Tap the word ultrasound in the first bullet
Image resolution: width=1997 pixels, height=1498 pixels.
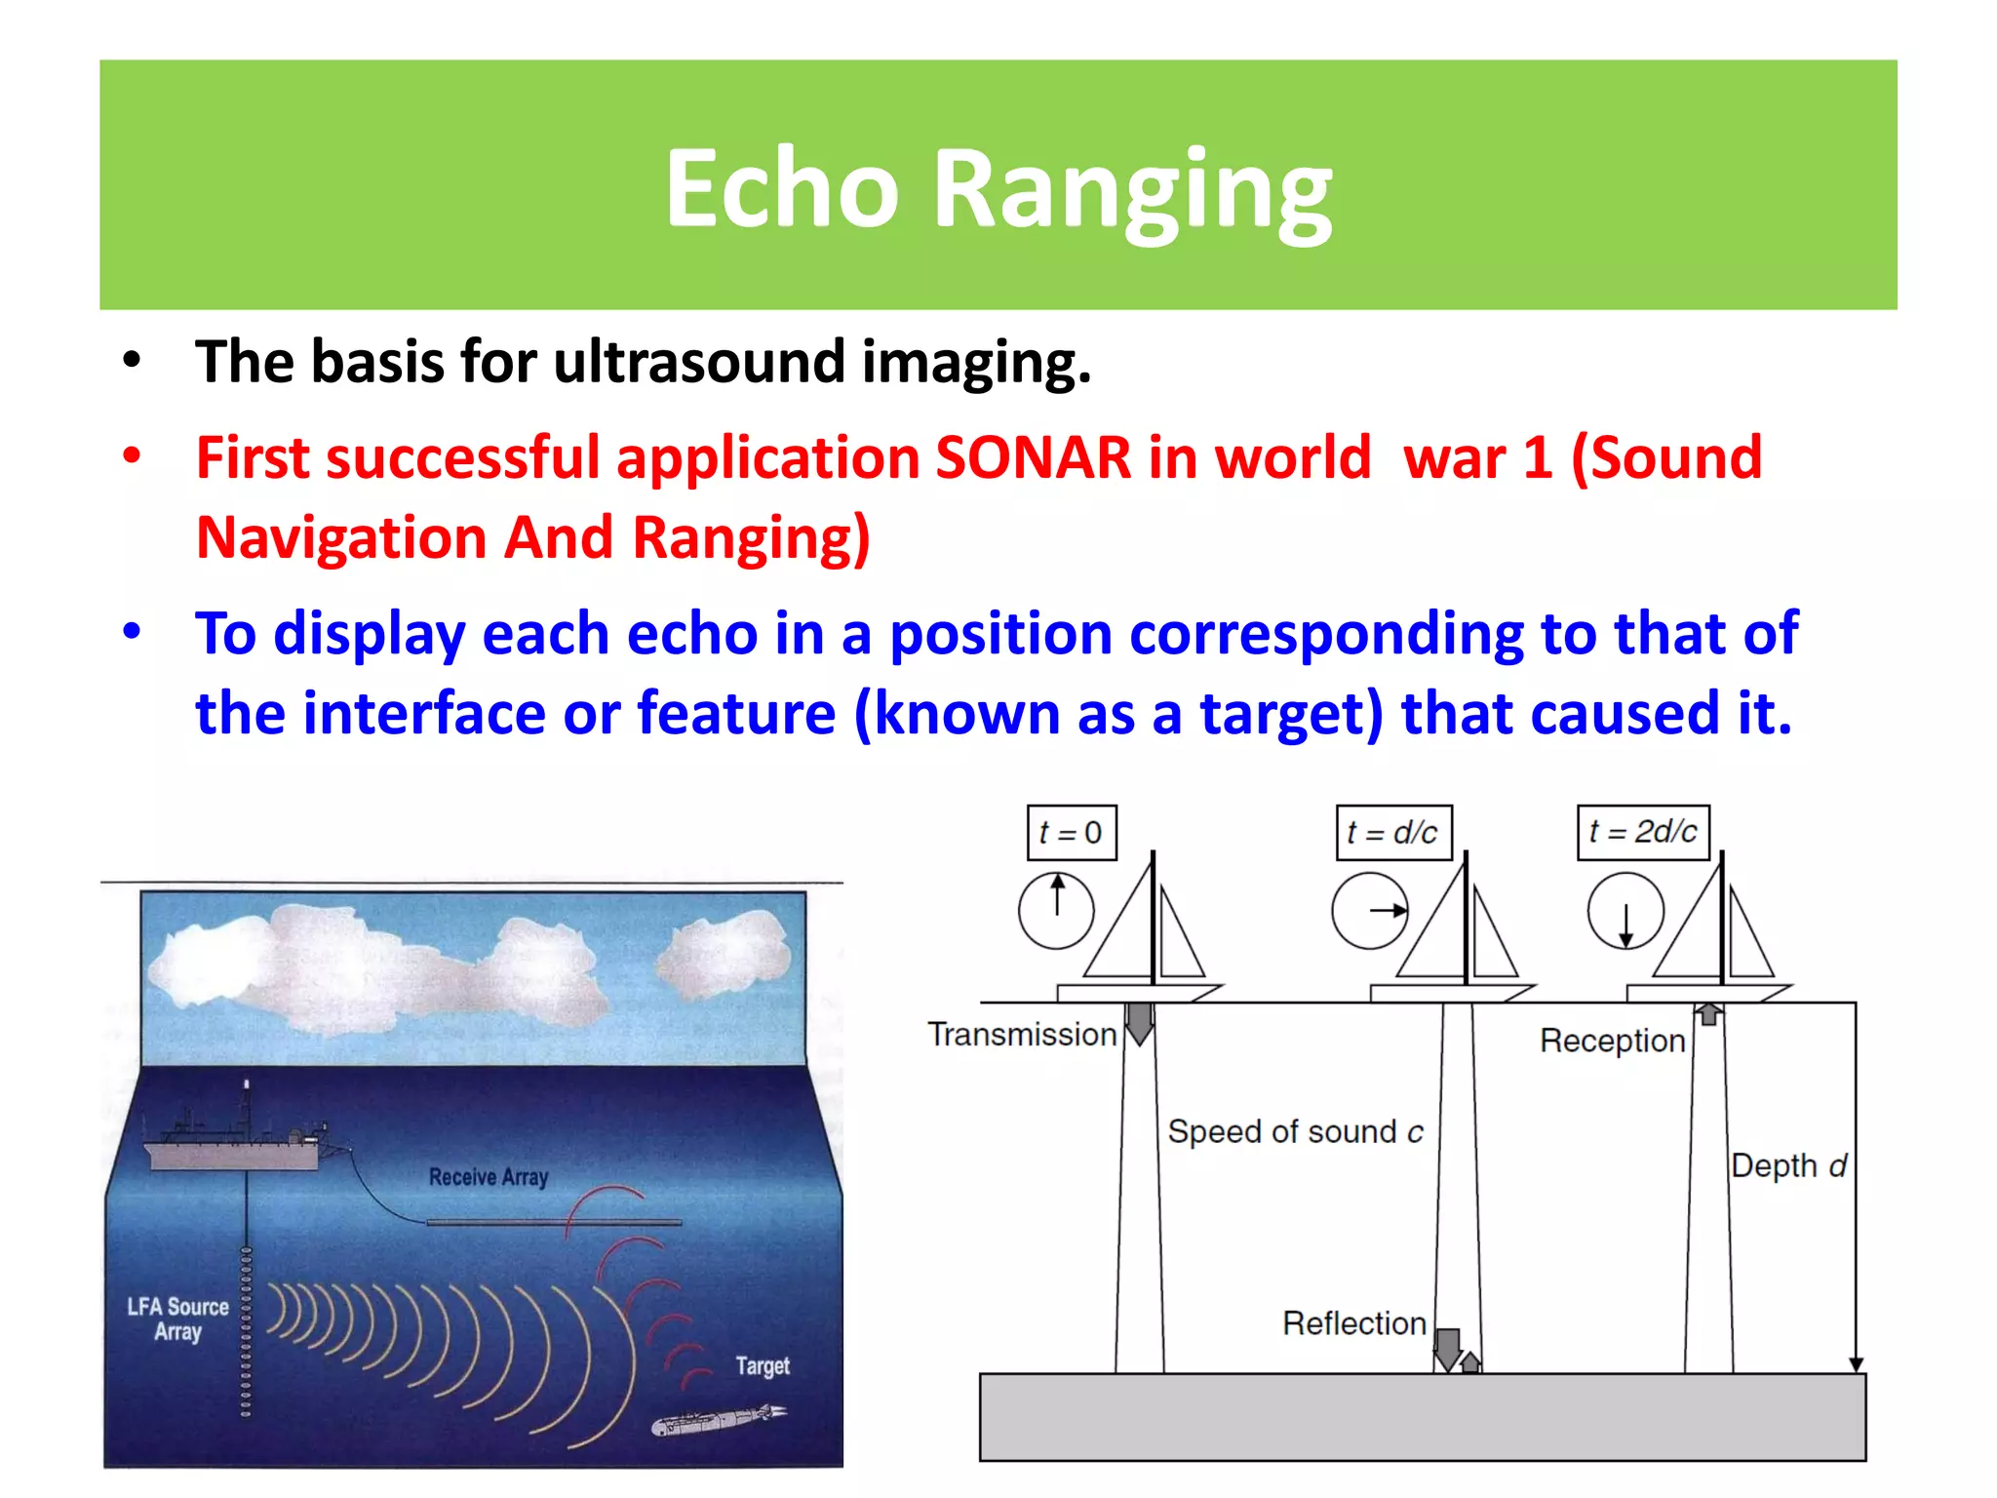tap(699, 362)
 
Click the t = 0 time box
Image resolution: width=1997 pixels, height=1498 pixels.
tap(1071, 832)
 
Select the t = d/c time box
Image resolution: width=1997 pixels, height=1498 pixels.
tap(1392, 832)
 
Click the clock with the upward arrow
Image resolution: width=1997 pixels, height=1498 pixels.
tap(1056, 911)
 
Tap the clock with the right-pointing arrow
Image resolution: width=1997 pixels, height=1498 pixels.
tap(1370, 911)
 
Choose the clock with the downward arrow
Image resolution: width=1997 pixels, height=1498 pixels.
tap(1625, 911)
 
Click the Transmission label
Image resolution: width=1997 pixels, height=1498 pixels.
tap(1022, 1034)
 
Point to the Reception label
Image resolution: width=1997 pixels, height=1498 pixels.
tap(1612, 1041)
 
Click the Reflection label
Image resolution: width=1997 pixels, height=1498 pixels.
tap(1353, 1323)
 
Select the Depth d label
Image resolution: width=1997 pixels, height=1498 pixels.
tap(1788, 1165)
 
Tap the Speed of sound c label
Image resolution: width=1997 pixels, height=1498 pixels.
tap(1295, 1131)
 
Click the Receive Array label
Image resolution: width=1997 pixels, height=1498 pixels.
tap(489, 1177)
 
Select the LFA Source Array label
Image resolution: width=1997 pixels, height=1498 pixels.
tap(177, 1319)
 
